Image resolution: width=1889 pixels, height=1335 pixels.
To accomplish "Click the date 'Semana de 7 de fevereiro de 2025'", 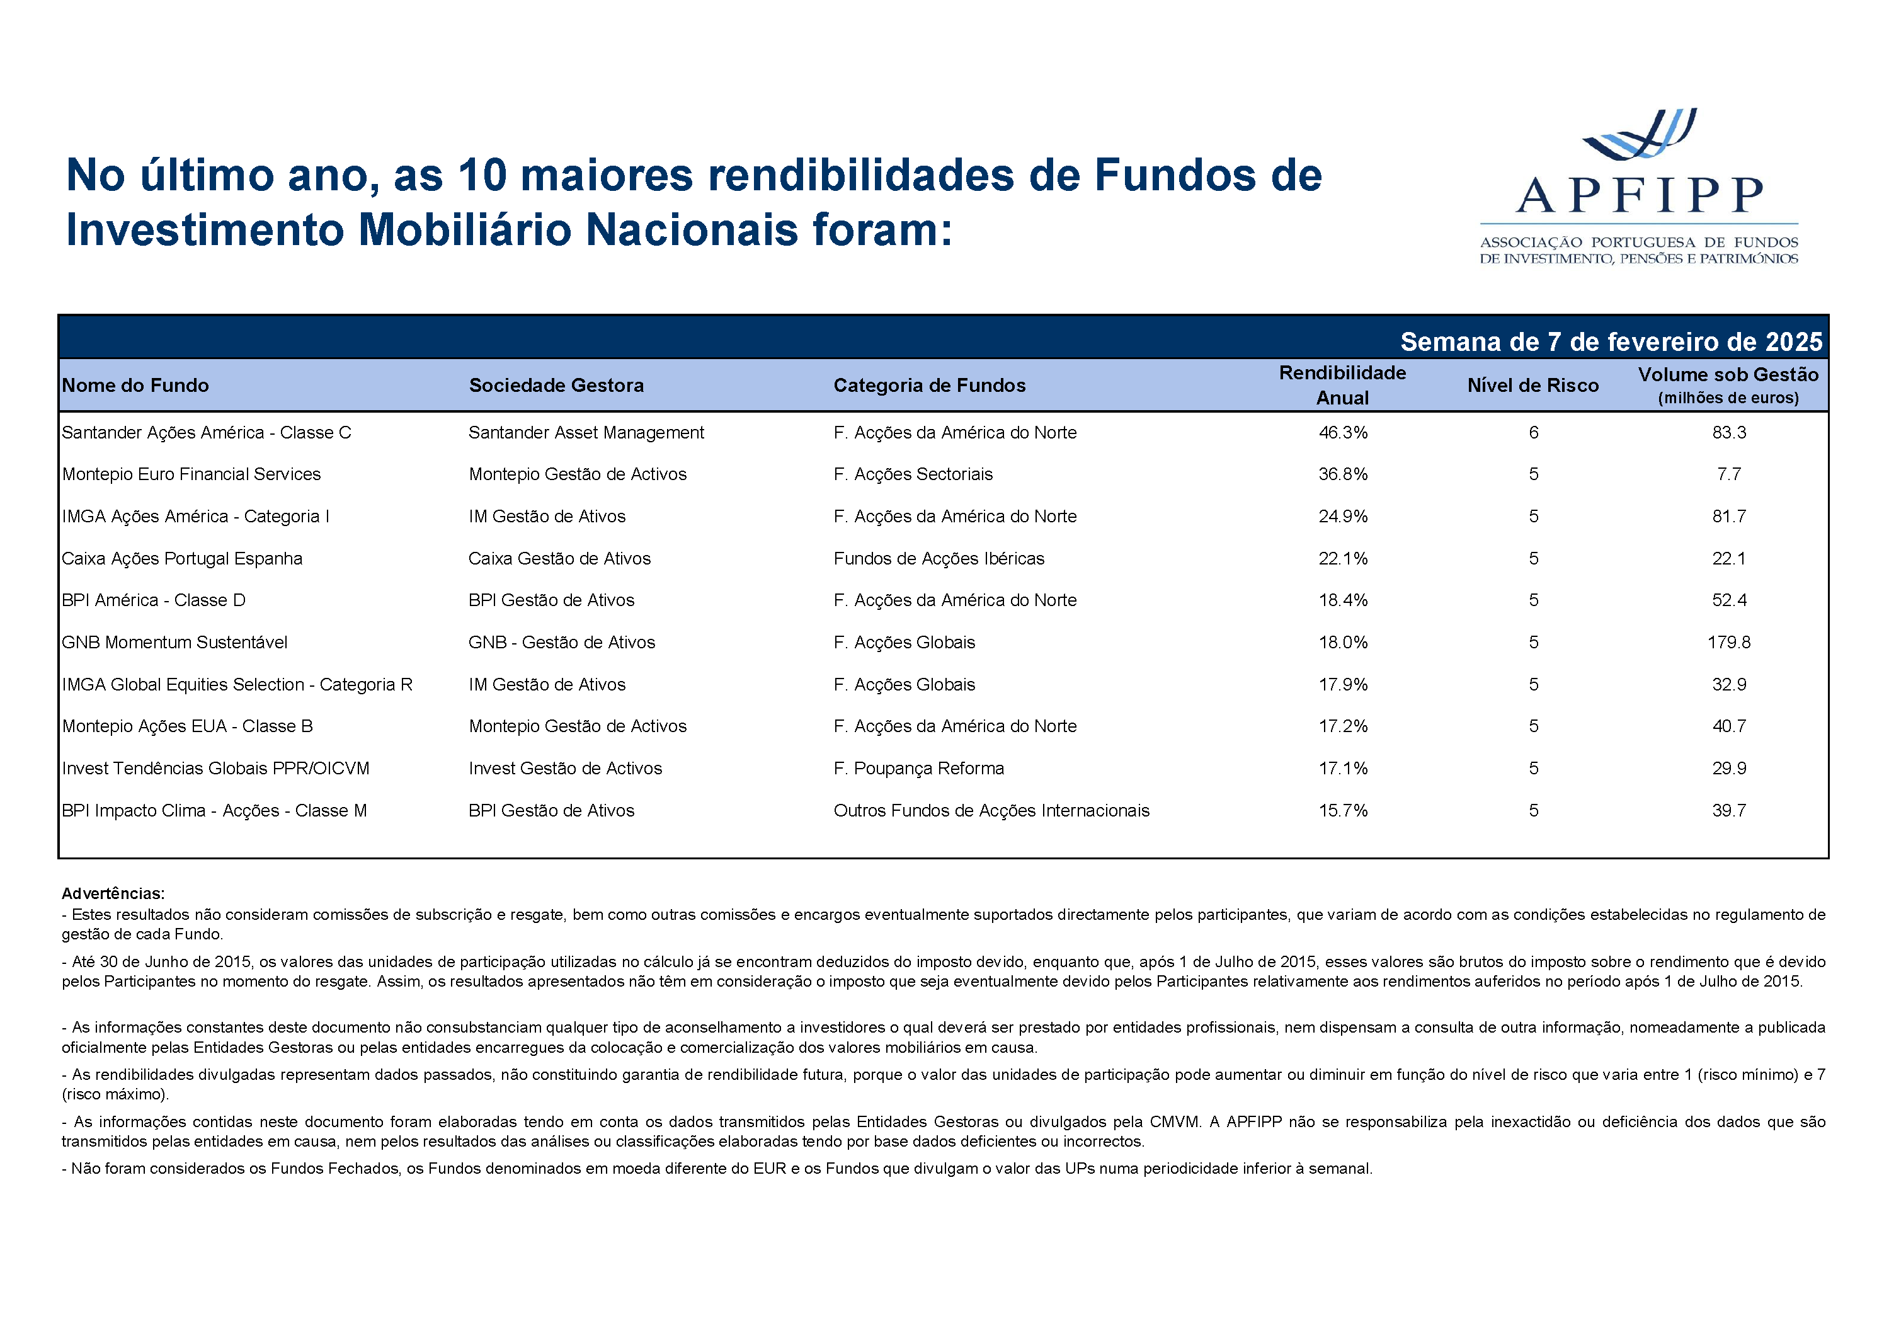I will [x=1611, y=341].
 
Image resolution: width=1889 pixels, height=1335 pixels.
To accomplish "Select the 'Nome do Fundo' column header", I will [x=136, y=385].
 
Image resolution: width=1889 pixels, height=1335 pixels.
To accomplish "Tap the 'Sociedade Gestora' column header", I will [x=556, y=385].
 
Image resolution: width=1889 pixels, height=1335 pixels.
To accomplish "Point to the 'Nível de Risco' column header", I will [x=1532, y=385].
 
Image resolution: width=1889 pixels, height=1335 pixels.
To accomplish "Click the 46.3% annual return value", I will [x=1343, y=433].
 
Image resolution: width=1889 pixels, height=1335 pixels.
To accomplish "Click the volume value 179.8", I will [x=1728, y=643].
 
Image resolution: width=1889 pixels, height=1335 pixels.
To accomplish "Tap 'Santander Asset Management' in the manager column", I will [x=586, y=433].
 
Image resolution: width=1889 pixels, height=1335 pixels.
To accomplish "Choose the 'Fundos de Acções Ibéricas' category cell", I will [x=939, y=559].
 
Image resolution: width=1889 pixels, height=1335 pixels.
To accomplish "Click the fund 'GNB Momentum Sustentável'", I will [x=174, y=643].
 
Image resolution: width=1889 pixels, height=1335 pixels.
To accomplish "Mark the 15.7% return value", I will [x=1343, y=811].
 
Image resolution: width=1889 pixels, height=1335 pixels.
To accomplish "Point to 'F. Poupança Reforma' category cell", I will [x=918, y=769].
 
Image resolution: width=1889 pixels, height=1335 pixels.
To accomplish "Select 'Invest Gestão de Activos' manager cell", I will [x=565, y=769].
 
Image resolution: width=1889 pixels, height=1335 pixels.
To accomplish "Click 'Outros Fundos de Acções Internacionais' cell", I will [x=991, y=811].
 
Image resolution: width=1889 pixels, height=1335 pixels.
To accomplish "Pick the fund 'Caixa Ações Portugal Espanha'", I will [x=182, y=559].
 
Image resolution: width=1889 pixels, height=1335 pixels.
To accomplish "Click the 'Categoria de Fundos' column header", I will [x=930, y=385].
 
